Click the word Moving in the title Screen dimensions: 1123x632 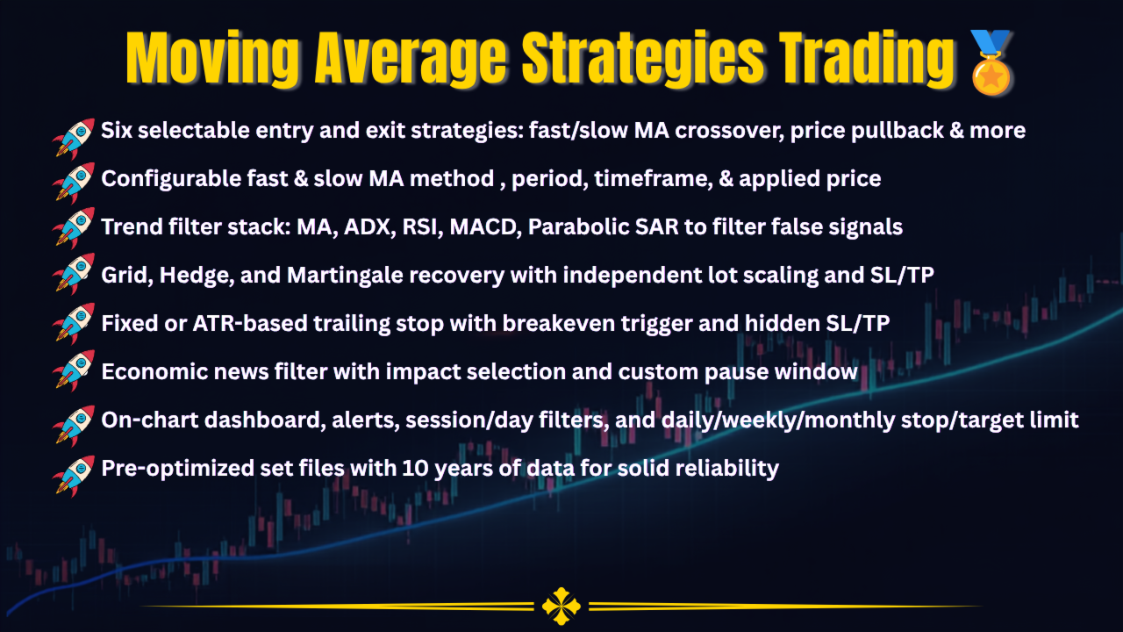coord(212,59)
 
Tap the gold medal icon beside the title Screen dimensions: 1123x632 coord(991,62)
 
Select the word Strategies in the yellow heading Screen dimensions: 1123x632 coord(643,59)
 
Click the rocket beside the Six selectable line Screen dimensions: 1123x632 coord(74,139)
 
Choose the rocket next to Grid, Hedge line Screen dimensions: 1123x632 coord(74,274)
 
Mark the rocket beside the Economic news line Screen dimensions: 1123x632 coord(74,370)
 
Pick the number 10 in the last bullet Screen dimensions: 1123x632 coord(415,468)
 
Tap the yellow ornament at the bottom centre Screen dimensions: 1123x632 coord(561,607)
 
